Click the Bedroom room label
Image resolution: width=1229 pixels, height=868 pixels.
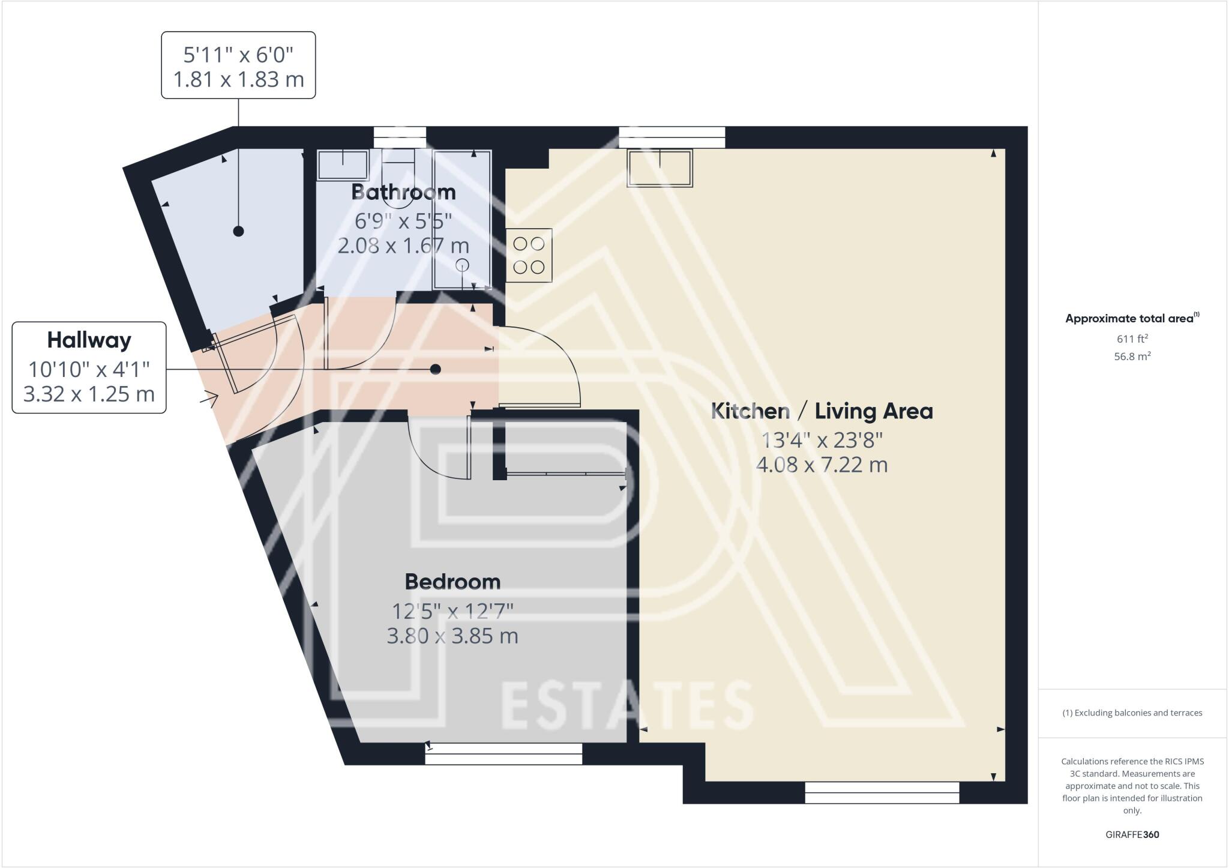pos(452,582)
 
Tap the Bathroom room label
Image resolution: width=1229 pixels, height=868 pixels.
pos(403,192)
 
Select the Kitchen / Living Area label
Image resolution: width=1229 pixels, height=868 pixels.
pos(822,411)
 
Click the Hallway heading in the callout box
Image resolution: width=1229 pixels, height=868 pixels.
pos(89,340)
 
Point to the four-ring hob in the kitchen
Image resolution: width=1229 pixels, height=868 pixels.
pos(529,255)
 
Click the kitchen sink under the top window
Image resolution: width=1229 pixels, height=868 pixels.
pos(660,167)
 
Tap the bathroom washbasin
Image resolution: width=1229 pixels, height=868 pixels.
pos(343,164)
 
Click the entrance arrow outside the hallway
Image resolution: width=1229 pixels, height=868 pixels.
pos(211,398)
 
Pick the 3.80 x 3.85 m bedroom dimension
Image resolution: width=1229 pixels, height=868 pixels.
pos(452,636)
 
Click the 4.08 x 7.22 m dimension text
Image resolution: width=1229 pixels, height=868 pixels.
pos(822,465)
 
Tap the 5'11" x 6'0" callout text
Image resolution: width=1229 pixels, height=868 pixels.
pos(238,55)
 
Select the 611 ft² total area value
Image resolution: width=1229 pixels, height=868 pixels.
pos(1132,339)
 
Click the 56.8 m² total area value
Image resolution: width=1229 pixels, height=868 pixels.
pos(1132,356)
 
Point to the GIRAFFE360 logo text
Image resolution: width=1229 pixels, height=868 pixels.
pos(1132,834)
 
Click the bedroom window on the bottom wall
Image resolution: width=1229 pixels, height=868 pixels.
pos(503,754)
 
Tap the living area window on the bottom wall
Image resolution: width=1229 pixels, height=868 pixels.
pos(882,792)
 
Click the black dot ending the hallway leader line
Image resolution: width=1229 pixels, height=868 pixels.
pos(436,369)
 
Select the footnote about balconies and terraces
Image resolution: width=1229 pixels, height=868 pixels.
pos(1132,713)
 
